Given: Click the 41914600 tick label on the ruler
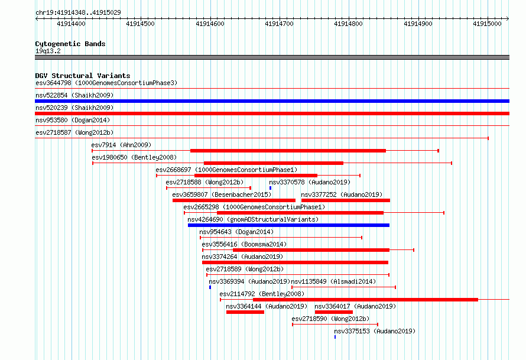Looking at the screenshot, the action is [x=210, y=24].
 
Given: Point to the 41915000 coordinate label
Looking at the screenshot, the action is [x=487, y=24].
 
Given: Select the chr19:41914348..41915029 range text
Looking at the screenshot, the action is [x=78, y=13].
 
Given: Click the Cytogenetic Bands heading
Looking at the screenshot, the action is [x=70, y=44].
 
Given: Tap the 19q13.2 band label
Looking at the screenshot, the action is [x=48, y=51].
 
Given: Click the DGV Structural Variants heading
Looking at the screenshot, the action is [x=83, y=76].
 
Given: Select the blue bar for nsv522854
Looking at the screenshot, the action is [x=272, y=101].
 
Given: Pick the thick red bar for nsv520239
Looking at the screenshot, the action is [x=272, y=113].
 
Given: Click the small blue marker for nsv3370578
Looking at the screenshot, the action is [x=270, y=188].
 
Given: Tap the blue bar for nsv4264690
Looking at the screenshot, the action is [x=288, y=225].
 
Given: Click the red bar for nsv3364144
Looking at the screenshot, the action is [x=245, y=312].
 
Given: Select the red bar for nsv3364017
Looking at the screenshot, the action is [x=334, y=312].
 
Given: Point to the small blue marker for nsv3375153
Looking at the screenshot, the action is [x=335, y=337].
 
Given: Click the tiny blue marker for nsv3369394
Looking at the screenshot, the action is [x=210, y=287].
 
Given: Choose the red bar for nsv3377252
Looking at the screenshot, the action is [x=346, y=200].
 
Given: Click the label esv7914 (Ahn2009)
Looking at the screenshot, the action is [x=121, y=145].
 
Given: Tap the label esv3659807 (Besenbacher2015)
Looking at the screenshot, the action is [x=222, y=194].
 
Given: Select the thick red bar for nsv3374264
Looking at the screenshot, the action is [x=295, y=262].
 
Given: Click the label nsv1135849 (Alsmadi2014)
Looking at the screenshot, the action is [x=333, y=281].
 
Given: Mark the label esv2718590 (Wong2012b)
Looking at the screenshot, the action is [x=330, y=319].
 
